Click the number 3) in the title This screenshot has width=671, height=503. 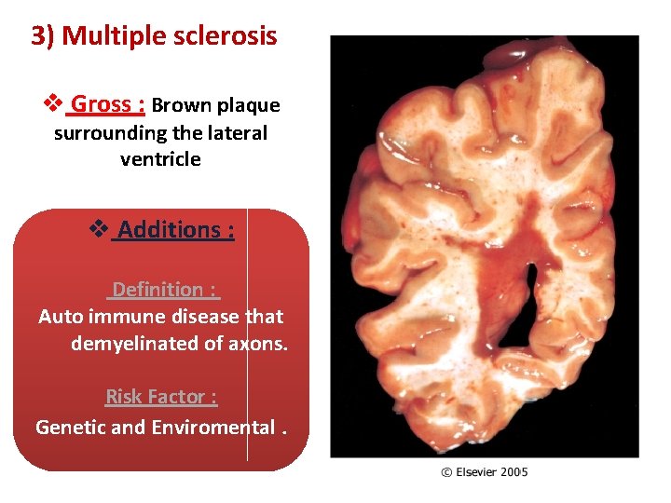coord(43,36)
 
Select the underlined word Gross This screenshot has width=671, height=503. coord(102,104)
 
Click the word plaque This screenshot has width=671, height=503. coord(248,106)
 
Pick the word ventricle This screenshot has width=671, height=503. coord(160,159)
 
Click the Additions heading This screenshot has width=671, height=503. coord(175,229)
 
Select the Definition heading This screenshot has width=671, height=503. coord(164,290)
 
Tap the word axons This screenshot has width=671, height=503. coord(258,344)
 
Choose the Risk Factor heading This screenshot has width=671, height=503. coord(161,397)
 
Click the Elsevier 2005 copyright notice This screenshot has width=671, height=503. coord(484,472)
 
